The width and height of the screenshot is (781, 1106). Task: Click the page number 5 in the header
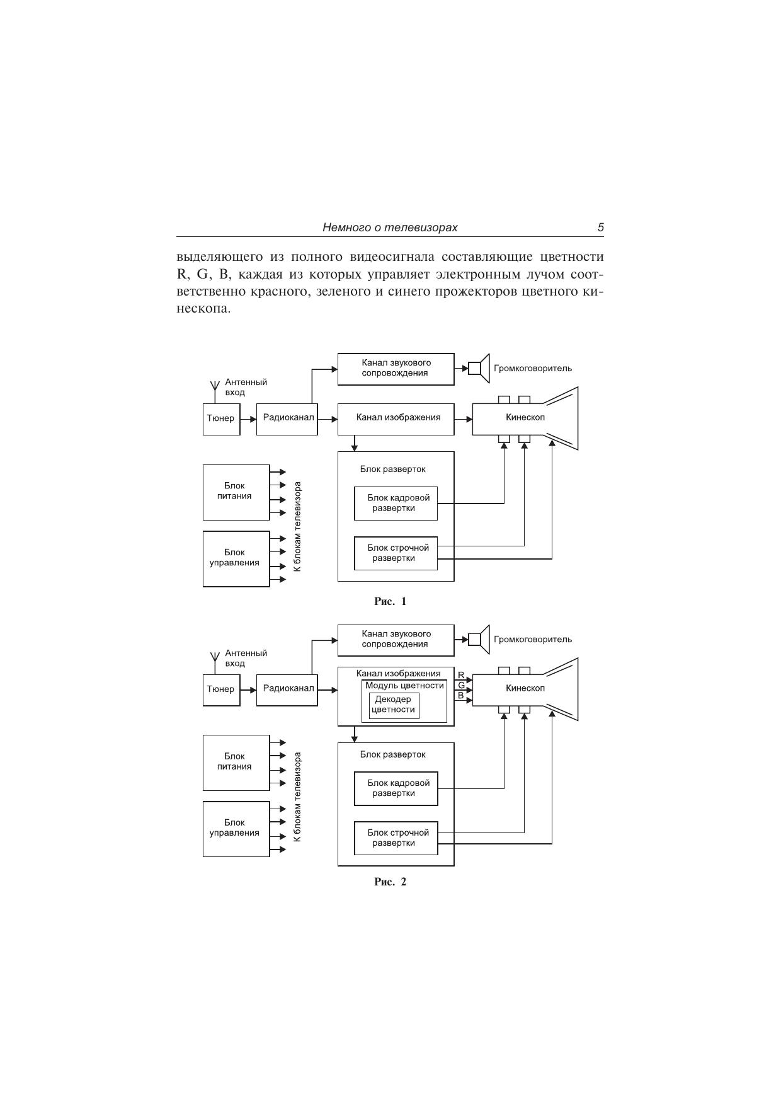[x=600, y=228]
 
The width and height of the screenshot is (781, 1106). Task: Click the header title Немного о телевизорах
[x=390, y=228]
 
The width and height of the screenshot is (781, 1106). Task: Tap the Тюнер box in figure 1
[x=221, y=418]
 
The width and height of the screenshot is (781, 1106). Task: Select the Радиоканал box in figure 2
[x=287, y=689]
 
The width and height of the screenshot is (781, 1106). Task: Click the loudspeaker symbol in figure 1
[x=479, y=368]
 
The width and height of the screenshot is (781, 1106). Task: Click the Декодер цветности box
[x=394, y=705]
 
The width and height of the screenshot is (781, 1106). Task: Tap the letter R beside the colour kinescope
[x=461, y=675]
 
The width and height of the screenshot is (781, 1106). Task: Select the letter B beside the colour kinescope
[x=461, y=696]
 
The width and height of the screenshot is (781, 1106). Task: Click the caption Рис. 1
[x=390, y=601]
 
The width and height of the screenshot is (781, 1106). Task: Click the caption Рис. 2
[x=390, y=882]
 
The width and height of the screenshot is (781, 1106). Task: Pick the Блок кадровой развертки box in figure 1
[x=396, y=504]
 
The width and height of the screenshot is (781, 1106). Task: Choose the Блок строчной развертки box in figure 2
[x=396, y=838]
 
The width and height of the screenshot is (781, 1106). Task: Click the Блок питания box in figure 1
[x=236, y=492]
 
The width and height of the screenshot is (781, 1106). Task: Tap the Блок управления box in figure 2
[x=236, y=829]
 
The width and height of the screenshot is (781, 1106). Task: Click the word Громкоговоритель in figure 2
[x=533, y=640]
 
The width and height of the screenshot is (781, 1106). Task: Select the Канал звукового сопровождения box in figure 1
[x=396, y=369]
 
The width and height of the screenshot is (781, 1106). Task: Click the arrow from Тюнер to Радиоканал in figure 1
[x=248, y=418]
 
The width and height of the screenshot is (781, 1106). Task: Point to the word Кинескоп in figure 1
[x=525, y=417]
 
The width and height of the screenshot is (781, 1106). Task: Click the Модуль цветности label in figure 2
[x=404, y=686]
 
